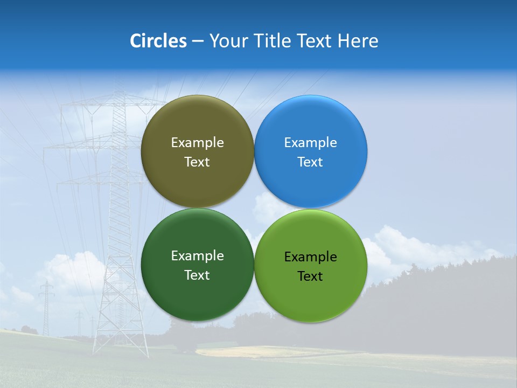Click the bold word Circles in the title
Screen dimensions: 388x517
[x=158, y=41]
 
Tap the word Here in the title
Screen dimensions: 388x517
[x=358, y=41]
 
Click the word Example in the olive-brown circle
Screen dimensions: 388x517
[x=197, y=142]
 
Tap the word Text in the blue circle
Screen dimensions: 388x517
[x=310, y=162]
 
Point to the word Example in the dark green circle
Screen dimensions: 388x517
[x=197, y=255]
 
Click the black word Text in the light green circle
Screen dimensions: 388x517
[x=310, y=276]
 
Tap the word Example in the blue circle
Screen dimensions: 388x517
[x=310, y=142]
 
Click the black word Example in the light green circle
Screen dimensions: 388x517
[x=310, y=257]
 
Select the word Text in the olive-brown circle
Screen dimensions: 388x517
[x=197, y=162]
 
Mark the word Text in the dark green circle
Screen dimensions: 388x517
[x=197, y=275]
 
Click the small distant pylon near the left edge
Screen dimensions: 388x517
[x=46, y=307]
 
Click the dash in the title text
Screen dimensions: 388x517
[x=198, y=41]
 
